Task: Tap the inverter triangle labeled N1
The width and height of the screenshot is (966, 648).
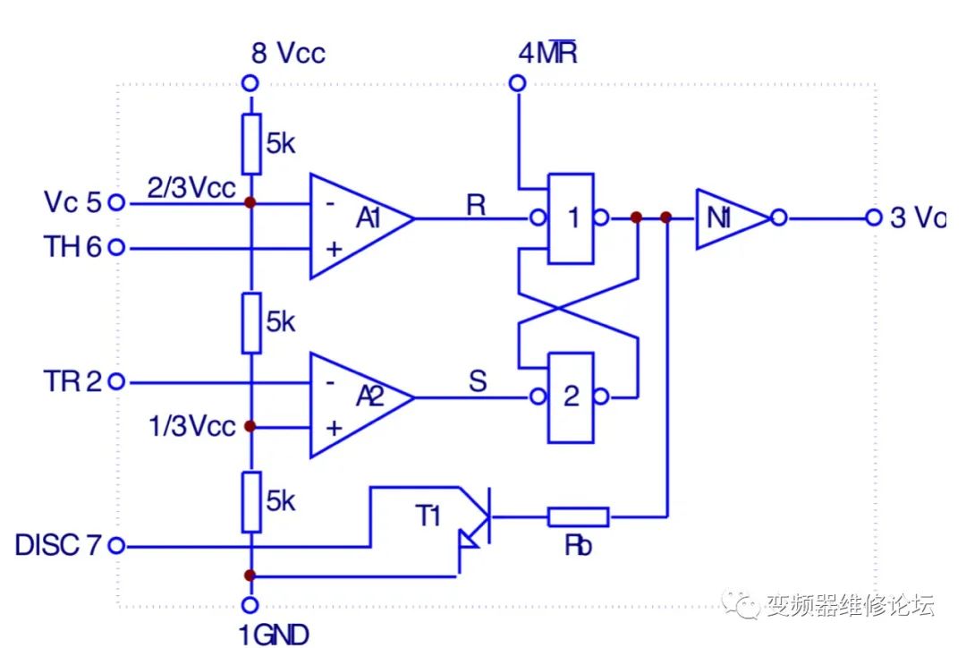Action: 728,217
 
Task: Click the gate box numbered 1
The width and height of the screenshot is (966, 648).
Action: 571,217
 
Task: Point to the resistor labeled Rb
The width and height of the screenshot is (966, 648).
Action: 578,516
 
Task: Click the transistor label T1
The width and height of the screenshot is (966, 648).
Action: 429,516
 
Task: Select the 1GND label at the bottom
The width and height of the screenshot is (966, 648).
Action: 274,635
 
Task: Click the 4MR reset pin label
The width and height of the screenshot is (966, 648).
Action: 547,53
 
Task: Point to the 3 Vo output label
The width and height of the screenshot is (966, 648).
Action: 918,217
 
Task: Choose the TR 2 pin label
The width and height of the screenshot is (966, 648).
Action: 73,381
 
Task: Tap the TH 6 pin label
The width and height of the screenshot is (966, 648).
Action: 73,247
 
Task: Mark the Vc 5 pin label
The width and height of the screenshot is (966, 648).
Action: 73,202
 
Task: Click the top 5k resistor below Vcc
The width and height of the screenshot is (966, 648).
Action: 251,143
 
